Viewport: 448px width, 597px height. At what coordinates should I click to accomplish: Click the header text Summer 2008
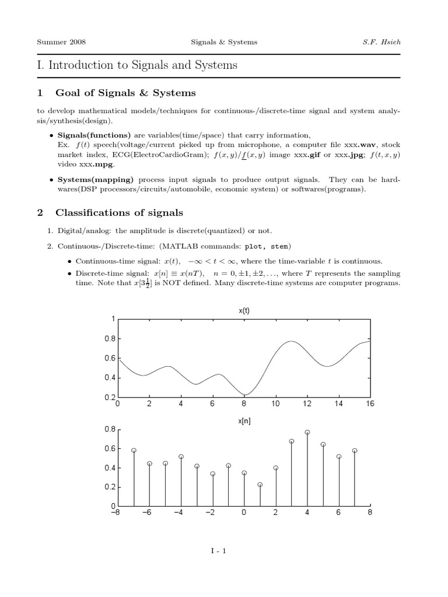pyautogui.click(x=56, y=42)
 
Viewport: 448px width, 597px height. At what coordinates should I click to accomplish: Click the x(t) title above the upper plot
pyautogui.click(x=244, y=311)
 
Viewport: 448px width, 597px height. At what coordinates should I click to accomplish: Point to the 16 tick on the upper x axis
pyautogui.click(x=370, y=403)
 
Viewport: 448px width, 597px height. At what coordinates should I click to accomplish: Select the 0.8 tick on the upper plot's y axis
pyautogui.click(x=110, y=339)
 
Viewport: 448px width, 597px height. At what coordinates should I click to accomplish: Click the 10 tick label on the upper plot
pyautogui.click(x=275, y=403)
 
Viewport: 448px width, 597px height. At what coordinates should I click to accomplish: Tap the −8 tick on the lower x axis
pyautogui.click(x=118, y=512)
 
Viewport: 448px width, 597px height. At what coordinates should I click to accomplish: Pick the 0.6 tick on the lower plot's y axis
pyautogui.click(x=110, y=449)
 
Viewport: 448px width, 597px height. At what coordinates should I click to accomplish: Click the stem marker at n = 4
pyautogui.click(x=307, y=433)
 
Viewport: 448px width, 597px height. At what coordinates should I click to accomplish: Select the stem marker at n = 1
pyautogui.click(x=260, y=484)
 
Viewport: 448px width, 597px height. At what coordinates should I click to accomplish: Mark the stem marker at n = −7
pyautogui.click(x=134, y=451)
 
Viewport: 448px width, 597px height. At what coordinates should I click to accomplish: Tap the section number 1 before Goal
pyautogui.click(x=40, y=93)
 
